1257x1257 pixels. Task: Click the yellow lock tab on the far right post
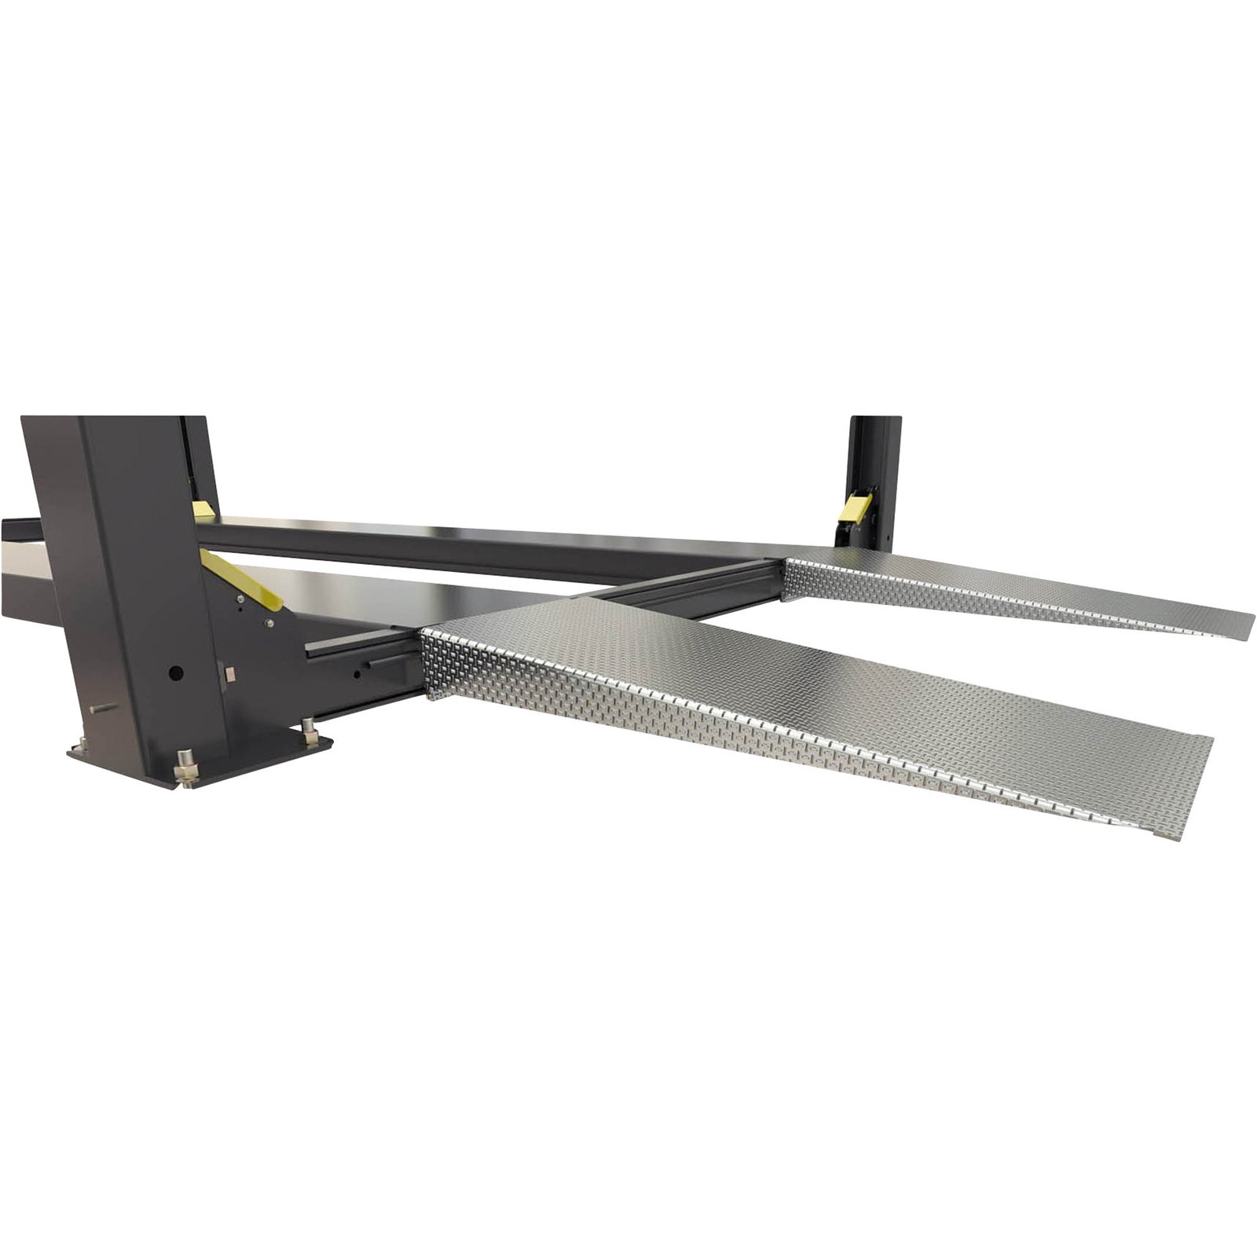pos(852,508)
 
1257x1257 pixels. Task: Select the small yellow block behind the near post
pos(203,509)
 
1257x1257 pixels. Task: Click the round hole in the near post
pos(178,673)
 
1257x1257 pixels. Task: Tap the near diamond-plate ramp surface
pos(786,707)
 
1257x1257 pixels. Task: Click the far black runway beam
pos(471,542)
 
